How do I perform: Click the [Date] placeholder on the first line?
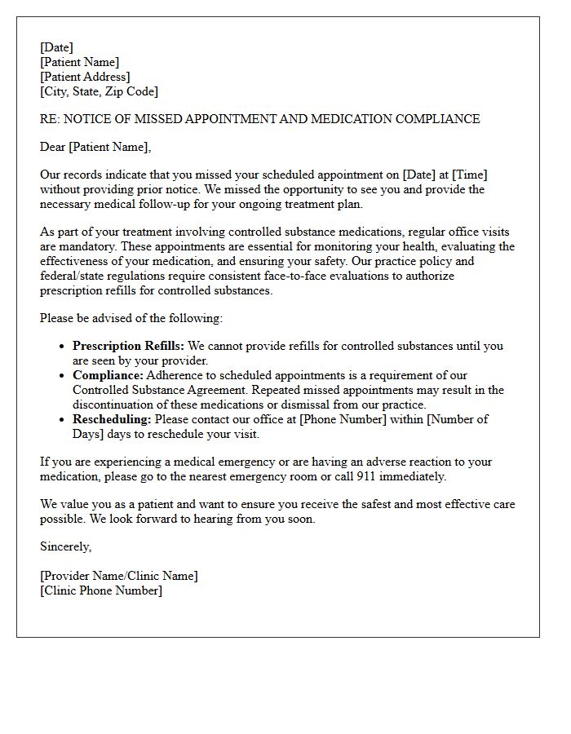(x=56, y=47)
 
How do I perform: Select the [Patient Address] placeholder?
(x=85, y=77)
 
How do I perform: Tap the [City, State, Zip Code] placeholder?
(x=99, y=91)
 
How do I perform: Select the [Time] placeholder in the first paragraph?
(x=470, y=175)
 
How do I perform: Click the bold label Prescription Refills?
(x=128, y=346)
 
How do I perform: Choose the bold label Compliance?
(x=108, y=375)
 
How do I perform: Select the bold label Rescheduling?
(x=112, y=419)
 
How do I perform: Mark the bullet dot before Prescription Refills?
(x=62, y=347)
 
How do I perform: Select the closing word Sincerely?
(x=66, y=546)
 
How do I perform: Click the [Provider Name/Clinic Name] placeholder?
(x=119, y=576)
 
